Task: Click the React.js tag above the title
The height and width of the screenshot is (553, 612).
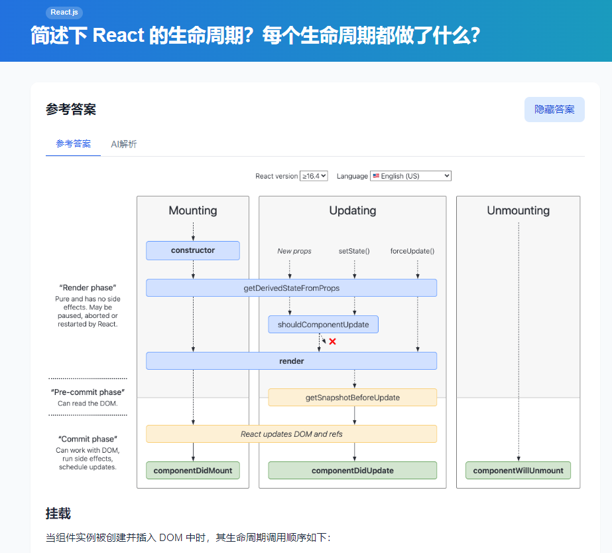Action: [64, 13]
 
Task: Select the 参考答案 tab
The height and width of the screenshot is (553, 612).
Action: [73, 143]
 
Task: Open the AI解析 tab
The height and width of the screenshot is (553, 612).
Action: [124, 143]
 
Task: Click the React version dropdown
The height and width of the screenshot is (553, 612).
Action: [314, 176]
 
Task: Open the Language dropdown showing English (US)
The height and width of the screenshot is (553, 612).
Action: [411, 176]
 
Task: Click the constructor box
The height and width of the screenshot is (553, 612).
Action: [193, 250]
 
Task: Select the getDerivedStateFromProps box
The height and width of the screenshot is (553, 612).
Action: [291, 287]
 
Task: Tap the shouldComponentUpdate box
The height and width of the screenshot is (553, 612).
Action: [323, 324]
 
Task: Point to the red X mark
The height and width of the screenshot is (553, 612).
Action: [333, 341]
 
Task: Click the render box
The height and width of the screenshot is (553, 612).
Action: [291, 360]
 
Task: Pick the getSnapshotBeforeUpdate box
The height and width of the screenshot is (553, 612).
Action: [352, 397]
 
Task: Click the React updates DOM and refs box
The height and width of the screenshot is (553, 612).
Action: [291, 434]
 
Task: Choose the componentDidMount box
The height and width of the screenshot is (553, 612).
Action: [193, 470]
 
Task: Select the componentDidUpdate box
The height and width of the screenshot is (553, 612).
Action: [352, 470]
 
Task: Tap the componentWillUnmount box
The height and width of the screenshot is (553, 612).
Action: [518, 470]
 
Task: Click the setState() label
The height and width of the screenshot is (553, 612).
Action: [354, 251]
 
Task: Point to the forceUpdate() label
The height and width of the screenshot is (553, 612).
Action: [412, 251]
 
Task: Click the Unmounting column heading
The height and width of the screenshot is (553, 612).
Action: [518, 210]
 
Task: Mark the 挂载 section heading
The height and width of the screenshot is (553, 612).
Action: [58, 513]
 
